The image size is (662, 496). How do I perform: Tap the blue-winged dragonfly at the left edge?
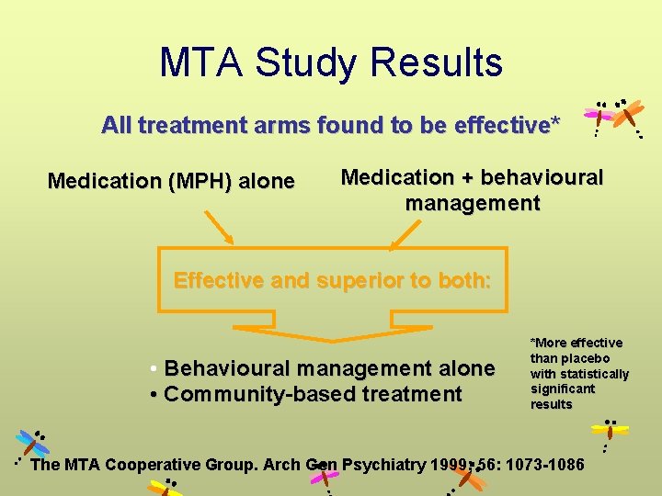32,444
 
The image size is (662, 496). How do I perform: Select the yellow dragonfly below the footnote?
610,430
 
